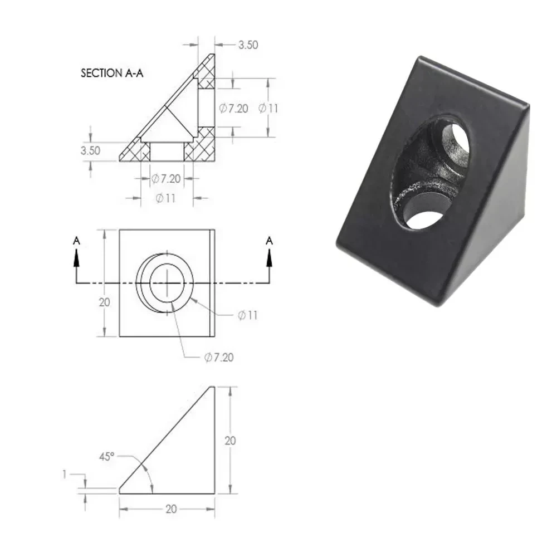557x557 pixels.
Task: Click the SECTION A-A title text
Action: click(112, 73)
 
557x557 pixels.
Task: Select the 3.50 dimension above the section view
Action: click(248, 45)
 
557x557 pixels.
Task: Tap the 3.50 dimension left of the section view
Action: click(90, 150)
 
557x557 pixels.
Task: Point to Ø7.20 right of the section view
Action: click(233, 109)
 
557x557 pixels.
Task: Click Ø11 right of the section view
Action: click(268, 109)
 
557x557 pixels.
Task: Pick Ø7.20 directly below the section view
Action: click(166, 179)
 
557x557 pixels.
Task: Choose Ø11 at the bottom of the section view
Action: click(165, 198)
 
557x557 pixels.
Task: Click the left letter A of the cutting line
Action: click(76, 241)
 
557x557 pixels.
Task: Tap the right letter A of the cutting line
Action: click(269, 241)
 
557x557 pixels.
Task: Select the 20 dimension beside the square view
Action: click(104, 302)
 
